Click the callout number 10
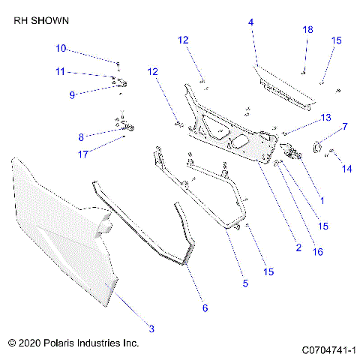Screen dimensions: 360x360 pos(61,49)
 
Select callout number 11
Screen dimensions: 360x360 pos(61,72)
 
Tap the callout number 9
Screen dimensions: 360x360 pos(72,95)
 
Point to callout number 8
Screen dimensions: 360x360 pos(81,137)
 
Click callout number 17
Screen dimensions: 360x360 pos(83,154)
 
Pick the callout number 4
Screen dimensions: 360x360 pos(251,22)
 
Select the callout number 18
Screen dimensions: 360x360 pos(307,29)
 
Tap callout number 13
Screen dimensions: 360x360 pos(325,118)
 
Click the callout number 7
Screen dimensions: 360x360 pos(345,127)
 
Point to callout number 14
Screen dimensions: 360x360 pos(346,170)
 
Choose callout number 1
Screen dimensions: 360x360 pos(322,200)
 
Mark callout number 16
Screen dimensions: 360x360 pos(318,252)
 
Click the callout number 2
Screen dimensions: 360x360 pos(298,247)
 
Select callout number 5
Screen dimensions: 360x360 pos(244,283)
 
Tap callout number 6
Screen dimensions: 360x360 pos(205,307)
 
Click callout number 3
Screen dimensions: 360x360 pos(151,328)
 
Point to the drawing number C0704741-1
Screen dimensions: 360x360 pos(328,349)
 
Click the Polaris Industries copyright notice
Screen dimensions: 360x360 pos(73,343)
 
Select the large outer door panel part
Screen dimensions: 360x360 pos(60,232)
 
